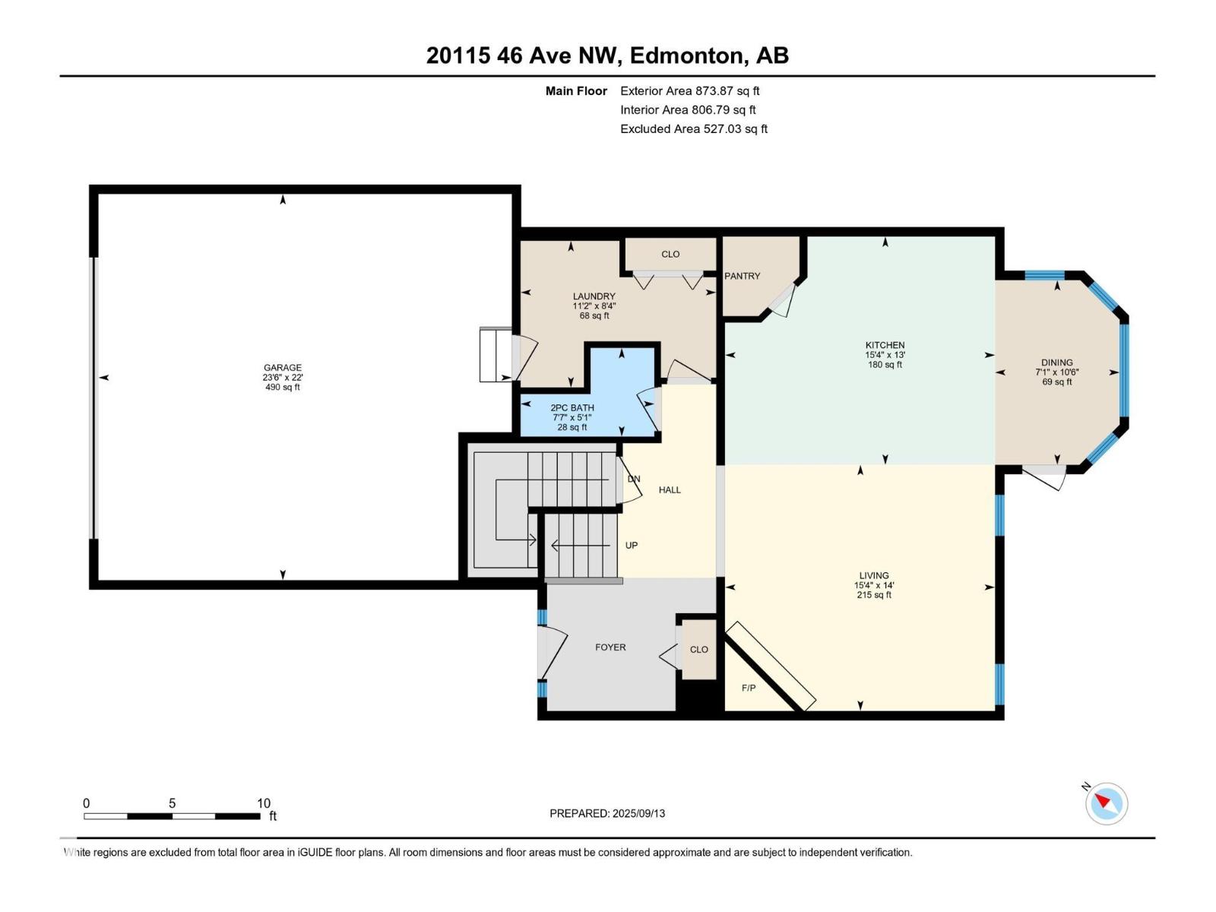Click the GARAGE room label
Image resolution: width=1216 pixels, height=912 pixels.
pos(283,367)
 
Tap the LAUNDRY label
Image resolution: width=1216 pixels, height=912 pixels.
pos(594,296)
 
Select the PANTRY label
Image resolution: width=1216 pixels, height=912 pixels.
pos(743,276)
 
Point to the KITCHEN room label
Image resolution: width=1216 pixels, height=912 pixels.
pos(885,345)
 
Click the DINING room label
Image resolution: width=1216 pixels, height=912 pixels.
pos(1056,363)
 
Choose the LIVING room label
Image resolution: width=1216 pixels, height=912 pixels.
pos(874,575)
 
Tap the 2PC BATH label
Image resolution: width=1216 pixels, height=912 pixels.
pos(572,407)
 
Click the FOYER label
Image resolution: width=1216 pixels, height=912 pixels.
pos(610,647)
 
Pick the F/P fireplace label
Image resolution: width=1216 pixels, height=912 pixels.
pos(749,688)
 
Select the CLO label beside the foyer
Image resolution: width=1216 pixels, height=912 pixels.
pos(698,649)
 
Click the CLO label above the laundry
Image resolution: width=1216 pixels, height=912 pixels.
pos(670,254)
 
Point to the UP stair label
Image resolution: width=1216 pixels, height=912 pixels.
pos(631,546)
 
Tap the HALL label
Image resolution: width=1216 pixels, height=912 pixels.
pos(670,489)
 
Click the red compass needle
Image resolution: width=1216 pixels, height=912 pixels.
pos(1102,800)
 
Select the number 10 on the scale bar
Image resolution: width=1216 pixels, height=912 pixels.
pos(263,803)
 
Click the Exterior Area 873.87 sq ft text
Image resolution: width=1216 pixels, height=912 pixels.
pos(690,90)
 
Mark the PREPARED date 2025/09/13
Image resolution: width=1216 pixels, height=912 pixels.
pos(638,813)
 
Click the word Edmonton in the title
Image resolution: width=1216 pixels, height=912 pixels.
pos(686,55)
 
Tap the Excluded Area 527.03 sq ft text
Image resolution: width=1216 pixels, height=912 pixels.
pos(694,129)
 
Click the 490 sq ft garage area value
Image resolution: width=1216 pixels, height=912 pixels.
pos(283,387)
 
